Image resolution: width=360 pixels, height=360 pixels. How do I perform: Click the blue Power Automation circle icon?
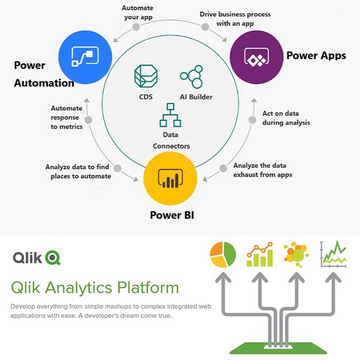tap(85, 57)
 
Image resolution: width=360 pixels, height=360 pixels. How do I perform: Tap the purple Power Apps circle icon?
tap(256, 57)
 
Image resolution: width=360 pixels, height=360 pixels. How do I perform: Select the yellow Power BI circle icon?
tap(171, 178)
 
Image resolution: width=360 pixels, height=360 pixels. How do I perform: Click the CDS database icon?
tap(146, 76)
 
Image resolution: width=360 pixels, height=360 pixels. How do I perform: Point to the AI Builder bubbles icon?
tap(192, 76)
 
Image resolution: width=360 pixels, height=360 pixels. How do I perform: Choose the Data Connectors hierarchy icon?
tap(170, 115)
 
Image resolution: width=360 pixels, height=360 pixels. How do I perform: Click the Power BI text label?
tap(172, 215)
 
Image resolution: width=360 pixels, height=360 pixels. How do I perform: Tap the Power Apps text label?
tap(316, 56)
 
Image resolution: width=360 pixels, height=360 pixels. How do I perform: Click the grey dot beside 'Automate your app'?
tap(136, 27)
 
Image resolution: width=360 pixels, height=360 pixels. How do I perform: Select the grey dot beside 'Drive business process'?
tap(205, 27)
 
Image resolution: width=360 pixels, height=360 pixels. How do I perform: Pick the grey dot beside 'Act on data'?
tap(252, 120)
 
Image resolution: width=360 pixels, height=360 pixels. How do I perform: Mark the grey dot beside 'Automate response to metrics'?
tap(88, 120)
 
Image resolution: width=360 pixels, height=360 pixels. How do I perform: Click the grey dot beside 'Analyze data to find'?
tap(117, 168)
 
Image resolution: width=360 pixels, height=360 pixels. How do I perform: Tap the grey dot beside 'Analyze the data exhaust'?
tap(223, 168)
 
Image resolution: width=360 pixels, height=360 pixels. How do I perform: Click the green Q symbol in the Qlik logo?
tap(53, 257)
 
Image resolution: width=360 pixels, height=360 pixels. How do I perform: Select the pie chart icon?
tap(223, 255)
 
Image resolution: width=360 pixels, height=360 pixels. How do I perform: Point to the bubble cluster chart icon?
tap(296, 255)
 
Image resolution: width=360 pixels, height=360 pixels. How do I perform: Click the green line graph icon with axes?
tap(333, 254)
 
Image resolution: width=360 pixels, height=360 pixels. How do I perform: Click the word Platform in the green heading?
tap(148, 287)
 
